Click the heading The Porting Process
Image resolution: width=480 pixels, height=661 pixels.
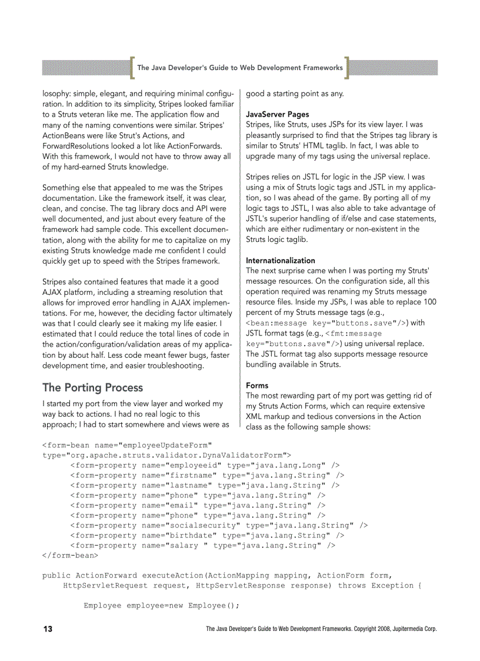click(x=92, y=387)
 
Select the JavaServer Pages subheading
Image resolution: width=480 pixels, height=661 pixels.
click(x=277, y=114)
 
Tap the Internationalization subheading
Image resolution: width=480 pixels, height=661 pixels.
click(x=280, y=260)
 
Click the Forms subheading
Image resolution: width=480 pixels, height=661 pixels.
click(x=257, y=386)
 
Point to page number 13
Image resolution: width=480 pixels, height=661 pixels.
click(x=48, y=629)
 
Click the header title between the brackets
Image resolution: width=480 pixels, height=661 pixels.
click(x=239, y=68)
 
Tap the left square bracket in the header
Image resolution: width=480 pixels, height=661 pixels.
click(x=132, y=68)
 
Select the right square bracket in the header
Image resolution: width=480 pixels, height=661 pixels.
click(x=346, y=68)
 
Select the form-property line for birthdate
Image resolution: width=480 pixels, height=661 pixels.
click(x=207, y=535)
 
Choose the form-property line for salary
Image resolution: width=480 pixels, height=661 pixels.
click(x=202, y=546)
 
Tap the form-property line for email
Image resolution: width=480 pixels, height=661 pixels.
click(x=198, y=505)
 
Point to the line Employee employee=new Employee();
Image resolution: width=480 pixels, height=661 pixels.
click(x=162, y=606)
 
